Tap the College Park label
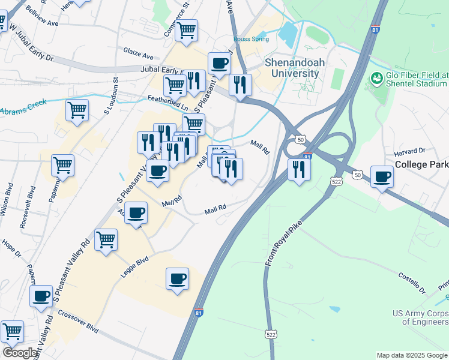(421, 164)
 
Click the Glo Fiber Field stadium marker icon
(377, 78)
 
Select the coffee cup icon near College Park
(382, 176)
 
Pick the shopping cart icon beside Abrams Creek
(77, 110)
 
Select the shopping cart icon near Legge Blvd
(106, 239)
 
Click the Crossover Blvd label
(78, 321)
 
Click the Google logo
(19, 353)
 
